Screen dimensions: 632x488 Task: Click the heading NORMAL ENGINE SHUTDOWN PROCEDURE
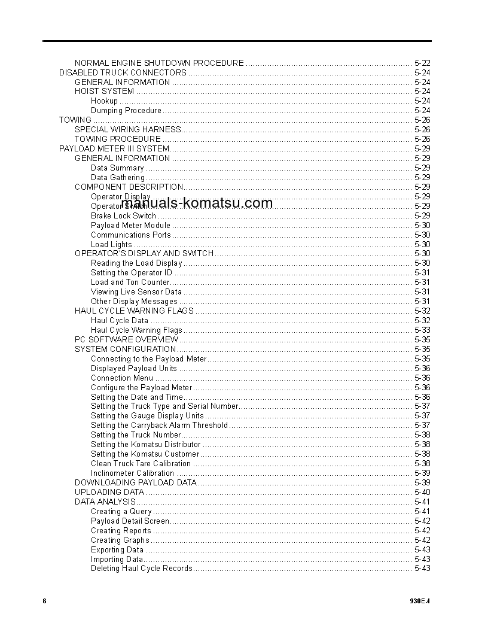159,63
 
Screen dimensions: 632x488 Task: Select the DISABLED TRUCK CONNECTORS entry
123,72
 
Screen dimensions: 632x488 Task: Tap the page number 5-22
422,63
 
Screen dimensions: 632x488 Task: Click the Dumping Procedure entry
126,111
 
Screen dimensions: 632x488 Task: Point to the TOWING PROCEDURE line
118,139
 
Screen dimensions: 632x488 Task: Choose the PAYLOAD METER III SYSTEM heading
114,148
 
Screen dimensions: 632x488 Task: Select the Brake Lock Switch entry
123,215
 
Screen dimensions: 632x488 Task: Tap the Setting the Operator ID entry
132,273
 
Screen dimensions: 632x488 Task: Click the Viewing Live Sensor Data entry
136,292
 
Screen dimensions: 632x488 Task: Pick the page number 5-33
422,330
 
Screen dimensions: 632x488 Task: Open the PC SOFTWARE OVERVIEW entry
127,340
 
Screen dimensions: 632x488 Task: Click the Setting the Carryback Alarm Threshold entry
159,426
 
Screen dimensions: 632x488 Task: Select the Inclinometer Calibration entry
132,473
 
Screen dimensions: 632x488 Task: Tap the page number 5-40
422,493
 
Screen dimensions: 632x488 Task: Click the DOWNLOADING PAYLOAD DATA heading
136,483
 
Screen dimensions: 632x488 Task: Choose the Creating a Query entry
121,512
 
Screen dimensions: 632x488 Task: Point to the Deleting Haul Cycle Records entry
142,569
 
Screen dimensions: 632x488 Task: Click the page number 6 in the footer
45,601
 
